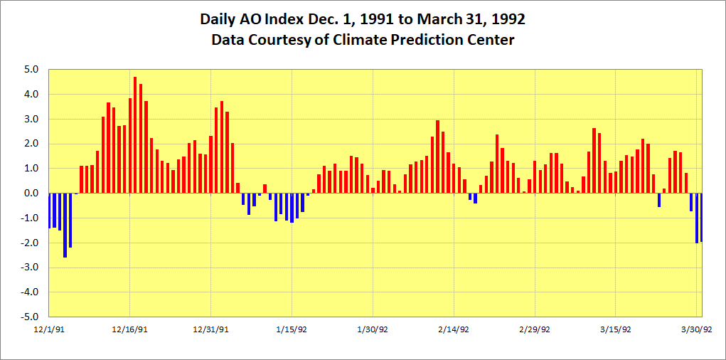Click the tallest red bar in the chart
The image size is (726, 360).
tap(135, 135)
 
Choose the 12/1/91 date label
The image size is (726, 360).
tap(48, 329)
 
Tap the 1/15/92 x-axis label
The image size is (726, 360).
tap(292, 329)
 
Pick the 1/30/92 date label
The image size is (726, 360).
tap(373, 329)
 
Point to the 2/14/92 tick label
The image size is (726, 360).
tap(454, 329)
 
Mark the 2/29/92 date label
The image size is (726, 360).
tap(535, 329)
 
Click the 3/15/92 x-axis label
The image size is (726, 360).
tap(616, 329)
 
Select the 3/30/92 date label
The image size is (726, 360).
tap(697, 329)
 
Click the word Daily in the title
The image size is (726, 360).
tap(219, 19)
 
